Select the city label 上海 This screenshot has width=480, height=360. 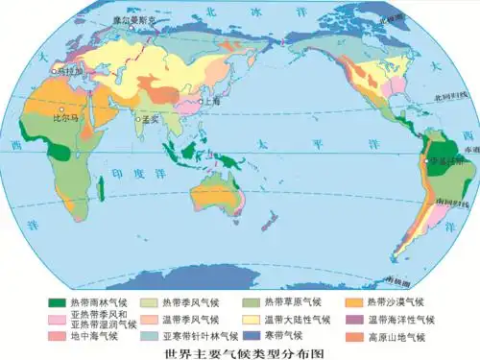[x=212, y=100]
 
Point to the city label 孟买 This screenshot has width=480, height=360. [x=149, y=121]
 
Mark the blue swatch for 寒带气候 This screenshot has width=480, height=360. [x=251, y=336]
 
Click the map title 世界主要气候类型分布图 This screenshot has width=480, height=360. [x=240, y=351]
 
